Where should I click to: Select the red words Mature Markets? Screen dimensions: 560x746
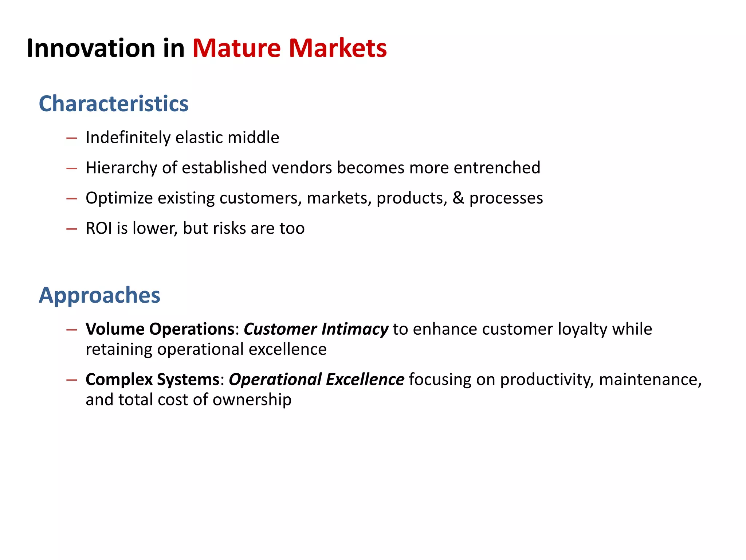289,48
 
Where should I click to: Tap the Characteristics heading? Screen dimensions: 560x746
114,104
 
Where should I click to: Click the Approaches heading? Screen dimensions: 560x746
99,295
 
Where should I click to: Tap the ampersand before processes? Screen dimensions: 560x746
458,198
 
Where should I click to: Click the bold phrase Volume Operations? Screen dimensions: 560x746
160,329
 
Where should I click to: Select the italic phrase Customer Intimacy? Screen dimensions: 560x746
316,329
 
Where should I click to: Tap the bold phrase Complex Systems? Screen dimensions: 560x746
152,379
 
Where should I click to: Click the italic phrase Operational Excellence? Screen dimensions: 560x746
316,379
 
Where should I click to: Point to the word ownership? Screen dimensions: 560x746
252,400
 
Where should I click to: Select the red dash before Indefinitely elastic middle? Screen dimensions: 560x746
72,138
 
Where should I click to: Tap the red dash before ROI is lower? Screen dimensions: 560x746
72,229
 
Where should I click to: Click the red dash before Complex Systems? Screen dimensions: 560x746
72,380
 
